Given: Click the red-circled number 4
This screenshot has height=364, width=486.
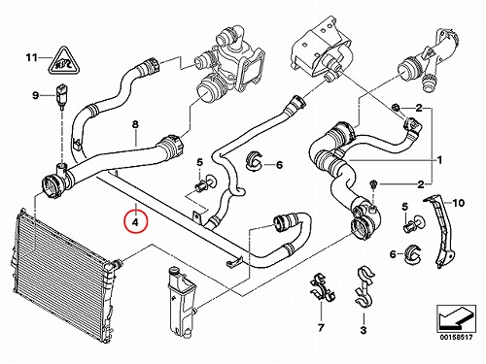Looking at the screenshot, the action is (136, 222).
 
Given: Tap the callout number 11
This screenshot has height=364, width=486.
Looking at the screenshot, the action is (32, 58).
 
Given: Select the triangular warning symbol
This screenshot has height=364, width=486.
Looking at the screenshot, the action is (65, 60).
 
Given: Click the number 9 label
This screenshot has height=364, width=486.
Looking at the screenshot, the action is (35, 95).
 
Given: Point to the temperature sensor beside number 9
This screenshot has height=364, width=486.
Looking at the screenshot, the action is (60, 95).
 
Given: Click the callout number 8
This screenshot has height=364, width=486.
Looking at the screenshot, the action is (135, 124).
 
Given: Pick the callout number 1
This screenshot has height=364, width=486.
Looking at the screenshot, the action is (439, 160).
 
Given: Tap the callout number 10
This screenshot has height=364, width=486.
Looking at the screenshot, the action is (459, 203).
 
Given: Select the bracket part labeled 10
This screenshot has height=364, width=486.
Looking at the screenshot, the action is (440, 230).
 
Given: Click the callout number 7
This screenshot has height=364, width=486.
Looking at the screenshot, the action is (321, 328).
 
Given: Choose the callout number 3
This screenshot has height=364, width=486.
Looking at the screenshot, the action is (364, 330).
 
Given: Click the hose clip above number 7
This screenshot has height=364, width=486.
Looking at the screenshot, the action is (322, 287).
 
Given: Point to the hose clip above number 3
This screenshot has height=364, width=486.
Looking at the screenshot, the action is (364, 287).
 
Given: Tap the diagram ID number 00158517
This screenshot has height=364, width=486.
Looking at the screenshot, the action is (456, 338).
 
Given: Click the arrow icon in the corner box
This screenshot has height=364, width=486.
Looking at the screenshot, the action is (457, 317).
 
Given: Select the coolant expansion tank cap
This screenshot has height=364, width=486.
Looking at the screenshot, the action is (175, 271).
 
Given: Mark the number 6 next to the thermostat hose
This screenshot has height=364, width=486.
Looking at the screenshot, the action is (279, 165).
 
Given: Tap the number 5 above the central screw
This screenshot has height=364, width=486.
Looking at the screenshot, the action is (200, 162).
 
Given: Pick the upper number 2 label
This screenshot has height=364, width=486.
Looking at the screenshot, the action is (419, 108).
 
